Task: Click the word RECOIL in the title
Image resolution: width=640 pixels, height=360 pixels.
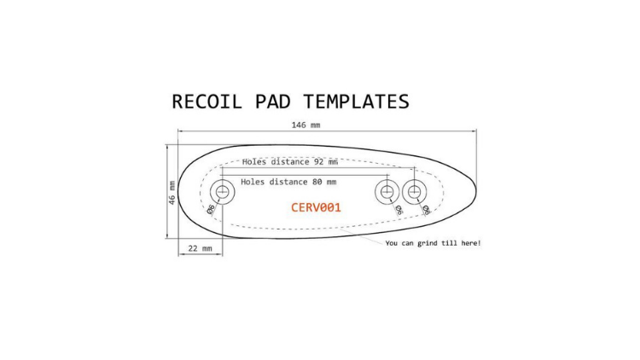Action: (207, 102)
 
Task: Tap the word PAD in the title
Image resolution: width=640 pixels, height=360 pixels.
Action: (273, 102)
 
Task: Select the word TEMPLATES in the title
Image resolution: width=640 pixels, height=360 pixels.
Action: (356, 102)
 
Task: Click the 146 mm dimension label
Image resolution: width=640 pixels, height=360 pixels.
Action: (305, 125)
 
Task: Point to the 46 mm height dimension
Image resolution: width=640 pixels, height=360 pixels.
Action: (172, 193)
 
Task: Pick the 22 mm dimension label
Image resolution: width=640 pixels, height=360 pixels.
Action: (200, 248)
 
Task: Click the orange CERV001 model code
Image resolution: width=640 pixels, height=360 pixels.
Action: (316, 207)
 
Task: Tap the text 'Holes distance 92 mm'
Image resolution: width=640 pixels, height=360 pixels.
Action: (290, 161)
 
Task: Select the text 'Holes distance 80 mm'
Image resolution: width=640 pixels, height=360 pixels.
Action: (288, 182)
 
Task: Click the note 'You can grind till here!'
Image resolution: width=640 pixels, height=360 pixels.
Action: (433, 243)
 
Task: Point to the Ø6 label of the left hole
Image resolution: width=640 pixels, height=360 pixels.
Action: (211, 209)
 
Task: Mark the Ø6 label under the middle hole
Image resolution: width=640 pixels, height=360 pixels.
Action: (399, 210)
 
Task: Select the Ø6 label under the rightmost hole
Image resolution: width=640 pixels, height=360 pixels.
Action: (426, 210)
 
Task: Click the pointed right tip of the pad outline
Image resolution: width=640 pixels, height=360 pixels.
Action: (476, 190)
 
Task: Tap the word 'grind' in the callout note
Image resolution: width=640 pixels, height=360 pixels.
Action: (428, 244)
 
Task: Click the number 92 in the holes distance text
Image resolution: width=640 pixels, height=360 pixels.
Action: (318, 161)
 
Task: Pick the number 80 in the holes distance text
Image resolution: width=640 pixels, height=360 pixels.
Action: (317, 182)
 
